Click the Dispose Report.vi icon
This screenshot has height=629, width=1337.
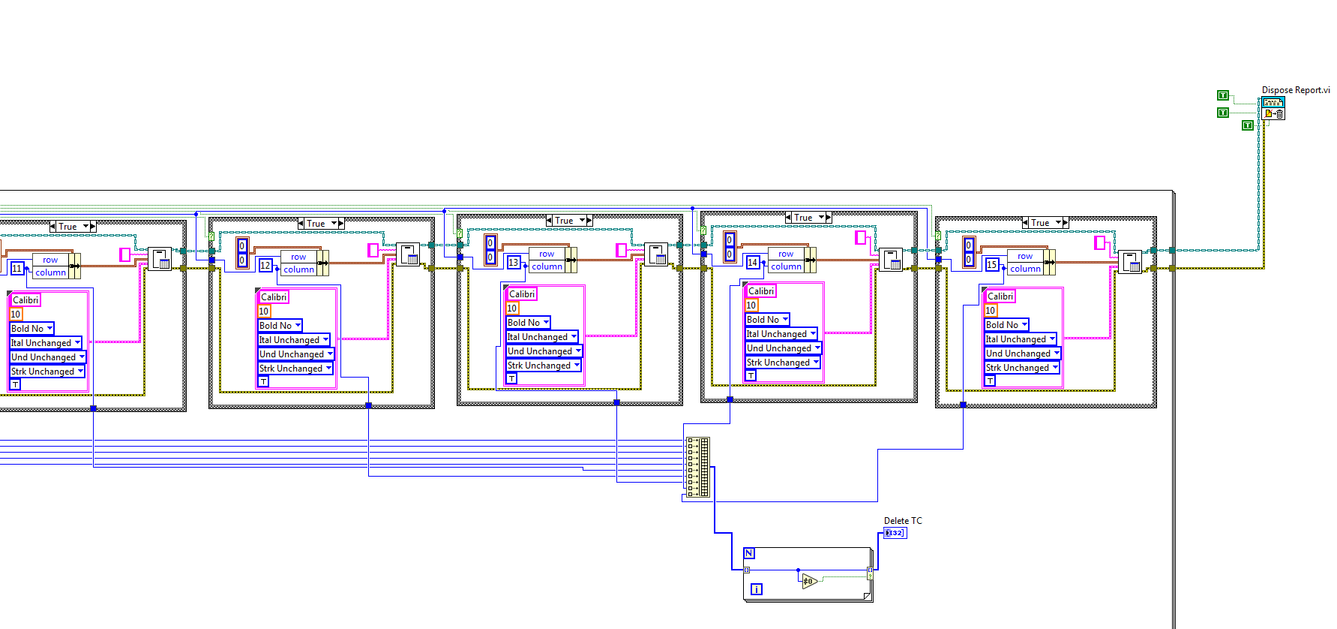click(x=1273, y=108)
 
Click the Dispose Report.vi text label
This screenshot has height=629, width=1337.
click(x=1295, y=90)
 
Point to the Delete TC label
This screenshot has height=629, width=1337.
click(x=902, y=520)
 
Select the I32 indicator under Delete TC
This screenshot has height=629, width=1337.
click(x=895, y=533)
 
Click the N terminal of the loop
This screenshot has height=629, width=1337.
click(x=748, y=553)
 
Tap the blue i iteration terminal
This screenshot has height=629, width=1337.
click(x=756, y=589)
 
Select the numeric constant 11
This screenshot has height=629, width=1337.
click(x=16, y=268)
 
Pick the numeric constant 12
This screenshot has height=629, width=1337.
click(x=265, y=265)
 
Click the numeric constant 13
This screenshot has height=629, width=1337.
click(x=513, y=262)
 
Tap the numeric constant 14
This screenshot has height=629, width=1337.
click(x=752, y=262)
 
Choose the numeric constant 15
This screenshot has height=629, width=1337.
click(x=991, y=264)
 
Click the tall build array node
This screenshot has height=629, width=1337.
click(x=697, y=467)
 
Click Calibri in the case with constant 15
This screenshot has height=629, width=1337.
click(x=1000, y=296)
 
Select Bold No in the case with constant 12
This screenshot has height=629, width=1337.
click(x=280, y=326)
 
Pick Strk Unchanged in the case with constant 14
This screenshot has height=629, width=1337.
click(x=782, y=363)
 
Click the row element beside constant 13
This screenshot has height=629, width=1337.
click(x=547, y=254)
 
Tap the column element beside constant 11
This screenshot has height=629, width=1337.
click(x=50, y=272)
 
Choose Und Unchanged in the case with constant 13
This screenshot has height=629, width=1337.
click(x=544, y=351)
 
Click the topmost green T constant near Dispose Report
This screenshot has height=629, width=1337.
click(x=1222, y=95)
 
